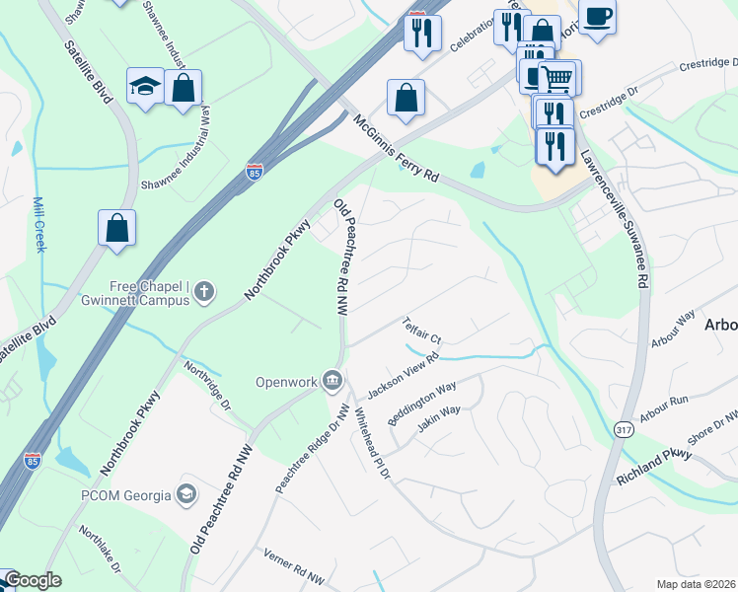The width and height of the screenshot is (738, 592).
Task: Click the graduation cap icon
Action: click(x=145, y=87)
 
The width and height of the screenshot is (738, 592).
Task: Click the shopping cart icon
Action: click(x=558, y=78)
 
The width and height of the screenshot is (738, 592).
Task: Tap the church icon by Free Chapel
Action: click(x=203, y=291)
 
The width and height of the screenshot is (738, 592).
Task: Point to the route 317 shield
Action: click(x=623, y=429)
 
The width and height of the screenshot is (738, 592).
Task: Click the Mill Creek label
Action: click(x=39, y=224)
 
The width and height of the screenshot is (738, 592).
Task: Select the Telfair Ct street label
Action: click(x=421, y=331)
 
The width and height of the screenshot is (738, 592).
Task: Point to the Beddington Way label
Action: click(x=421, y=404)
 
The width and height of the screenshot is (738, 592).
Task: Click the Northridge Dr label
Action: click(x=207, y=385)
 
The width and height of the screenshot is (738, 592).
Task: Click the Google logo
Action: click(x=33, y=581)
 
